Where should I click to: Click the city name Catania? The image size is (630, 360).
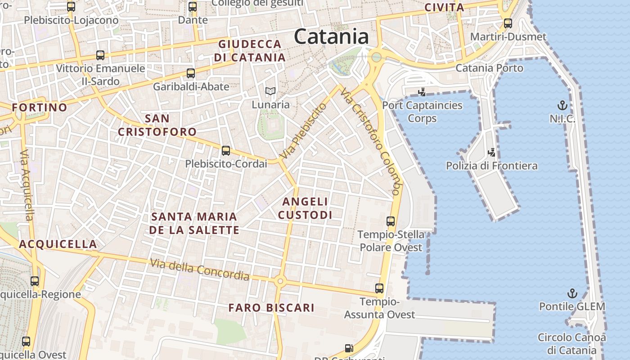click(x=331, y=36)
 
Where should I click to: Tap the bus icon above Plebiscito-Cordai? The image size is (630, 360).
click(x=226, y=151)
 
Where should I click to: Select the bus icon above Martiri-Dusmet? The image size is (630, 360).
click(x=508, y=23)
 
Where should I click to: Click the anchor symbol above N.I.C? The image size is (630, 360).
click(x=562, y=106)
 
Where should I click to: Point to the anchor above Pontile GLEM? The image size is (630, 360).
click(x=572, y=294)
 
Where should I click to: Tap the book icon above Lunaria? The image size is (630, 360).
click(x=270, y=91)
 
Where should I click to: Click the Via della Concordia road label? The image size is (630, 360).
click(x=199, y=269)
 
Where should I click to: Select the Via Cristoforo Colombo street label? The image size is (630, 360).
click(x=370, y=141)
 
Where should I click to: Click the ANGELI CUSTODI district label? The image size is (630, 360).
click(x=305, y=208)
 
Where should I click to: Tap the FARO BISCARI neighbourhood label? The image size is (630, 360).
click(x=271, y=308)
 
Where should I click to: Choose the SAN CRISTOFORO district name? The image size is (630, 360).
click(x=157, y=125)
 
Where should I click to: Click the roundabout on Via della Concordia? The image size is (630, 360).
click(x=280, y=281)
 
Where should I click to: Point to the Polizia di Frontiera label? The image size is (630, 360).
click(x=491, y=166)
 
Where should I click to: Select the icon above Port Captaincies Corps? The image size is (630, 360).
click(x=422, y=92)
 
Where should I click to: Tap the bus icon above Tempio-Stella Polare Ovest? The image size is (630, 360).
click(x=391, y=221)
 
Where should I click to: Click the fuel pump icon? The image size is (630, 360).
click(x=349, y=348)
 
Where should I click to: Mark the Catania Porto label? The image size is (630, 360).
click(x=489, y=68)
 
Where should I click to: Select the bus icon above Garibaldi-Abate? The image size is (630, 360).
click(x=191, y=73)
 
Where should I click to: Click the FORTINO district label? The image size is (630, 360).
click(x=40, y=108)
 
